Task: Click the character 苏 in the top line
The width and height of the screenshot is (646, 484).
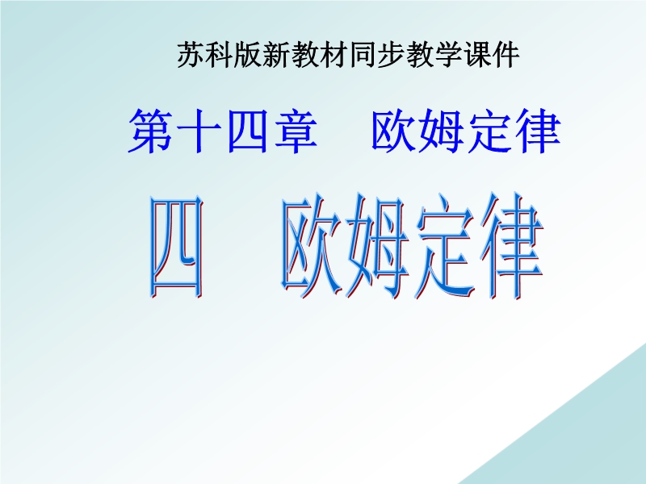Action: point(191,55)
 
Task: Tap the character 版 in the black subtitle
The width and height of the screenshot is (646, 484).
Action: point(248,55)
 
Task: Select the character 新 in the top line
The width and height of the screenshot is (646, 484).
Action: point(276,55)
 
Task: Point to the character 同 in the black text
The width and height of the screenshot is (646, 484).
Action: point(363,55)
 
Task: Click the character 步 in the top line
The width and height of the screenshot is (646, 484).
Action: point(391,55)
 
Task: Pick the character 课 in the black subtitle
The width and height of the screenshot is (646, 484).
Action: point(477,55)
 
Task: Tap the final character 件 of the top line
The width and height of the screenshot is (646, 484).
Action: point(506,55)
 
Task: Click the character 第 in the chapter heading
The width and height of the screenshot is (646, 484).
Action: point(150,131)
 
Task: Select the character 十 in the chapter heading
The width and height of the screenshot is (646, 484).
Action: point(198,131)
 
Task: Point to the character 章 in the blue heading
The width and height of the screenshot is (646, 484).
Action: point(296,131)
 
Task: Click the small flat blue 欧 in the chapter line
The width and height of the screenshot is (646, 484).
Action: point(393,131)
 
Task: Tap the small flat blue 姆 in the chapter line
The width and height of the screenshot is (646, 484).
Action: point(442,131)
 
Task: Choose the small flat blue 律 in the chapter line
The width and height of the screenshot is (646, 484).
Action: point(539,131)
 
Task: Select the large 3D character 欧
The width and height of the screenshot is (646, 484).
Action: point(314,246)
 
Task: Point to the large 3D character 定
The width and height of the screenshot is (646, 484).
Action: point(446,246)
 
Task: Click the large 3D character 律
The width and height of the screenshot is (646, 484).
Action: point(512,246)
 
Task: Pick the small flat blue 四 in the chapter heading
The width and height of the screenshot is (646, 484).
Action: point(247,131)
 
